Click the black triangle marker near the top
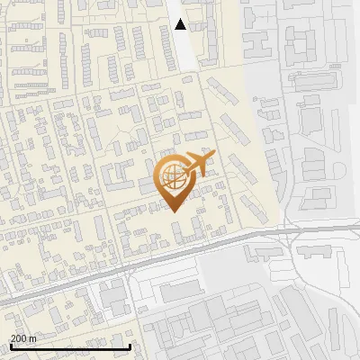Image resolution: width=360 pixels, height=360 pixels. [x=181, y=24]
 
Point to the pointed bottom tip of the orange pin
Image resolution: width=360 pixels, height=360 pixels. [x=173, y=211]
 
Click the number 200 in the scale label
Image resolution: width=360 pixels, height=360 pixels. [x=19, y=338]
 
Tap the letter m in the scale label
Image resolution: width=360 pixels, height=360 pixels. [x=33, y=338]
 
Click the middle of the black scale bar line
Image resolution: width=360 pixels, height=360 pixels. [x=70, y=346]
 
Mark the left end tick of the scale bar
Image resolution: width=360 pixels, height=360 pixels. [x=10, y=345]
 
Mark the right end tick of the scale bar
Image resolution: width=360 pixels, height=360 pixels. [x=130, y=345]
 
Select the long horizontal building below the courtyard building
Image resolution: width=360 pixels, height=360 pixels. [x=310, y=80]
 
